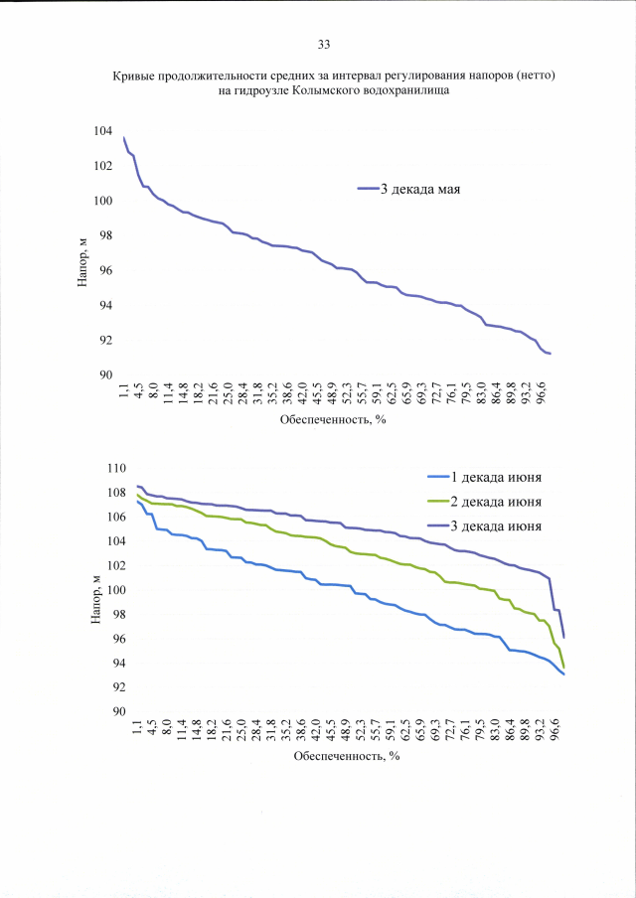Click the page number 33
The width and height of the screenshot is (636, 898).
(323, 45)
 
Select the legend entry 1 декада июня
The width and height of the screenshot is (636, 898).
(484, 477)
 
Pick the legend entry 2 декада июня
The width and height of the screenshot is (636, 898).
(484, 501)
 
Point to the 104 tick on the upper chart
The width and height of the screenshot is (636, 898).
(103, 131)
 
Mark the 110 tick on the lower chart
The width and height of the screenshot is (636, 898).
(118, 468)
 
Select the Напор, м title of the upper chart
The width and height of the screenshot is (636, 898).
(83, 262)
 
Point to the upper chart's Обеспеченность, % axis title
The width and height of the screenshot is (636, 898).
(333, 419)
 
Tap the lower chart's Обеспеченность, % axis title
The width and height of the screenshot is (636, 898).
(347, 755)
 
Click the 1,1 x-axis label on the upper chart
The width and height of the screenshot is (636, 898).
(124, 392)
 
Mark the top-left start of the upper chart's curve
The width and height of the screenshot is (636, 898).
(123, 138)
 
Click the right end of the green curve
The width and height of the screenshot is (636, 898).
(563, 667)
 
